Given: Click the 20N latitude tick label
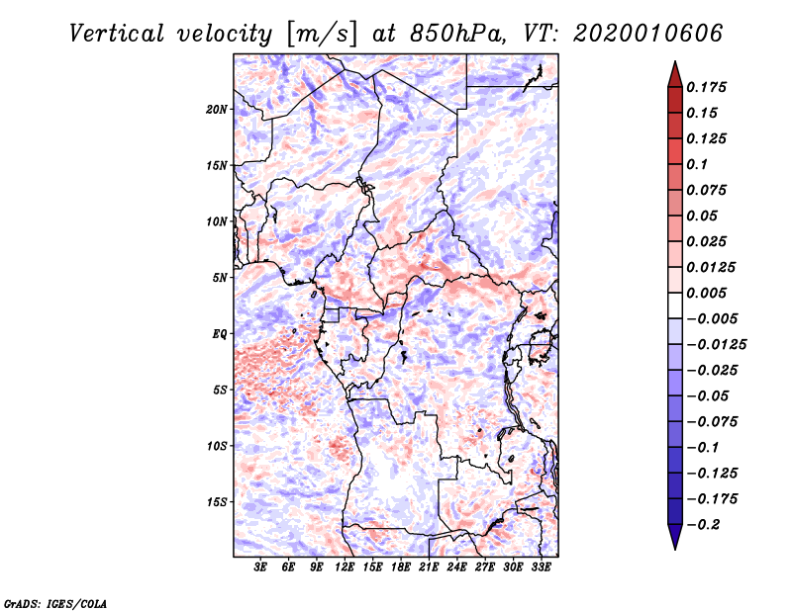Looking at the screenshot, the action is (217, 110).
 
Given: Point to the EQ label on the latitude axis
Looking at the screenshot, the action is (220, 334).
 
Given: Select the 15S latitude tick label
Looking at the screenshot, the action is (217, 502).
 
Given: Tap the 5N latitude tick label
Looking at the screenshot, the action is (220, 278).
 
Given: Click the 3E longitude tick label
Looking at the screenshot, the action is (260, 567).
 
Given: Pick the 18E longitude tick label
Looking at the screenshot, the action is (401, 567).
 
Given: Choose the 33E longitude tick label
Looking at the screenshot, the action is (541, 567).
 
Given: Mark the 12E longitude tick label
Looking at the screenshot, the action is (345, 567).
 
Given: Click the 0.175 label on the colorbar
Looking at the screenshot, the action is (706, 87).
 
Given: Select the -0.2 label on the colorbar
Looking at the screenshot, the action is (703, 525).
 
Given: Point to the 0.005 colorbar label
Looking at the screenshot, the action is (706, 293).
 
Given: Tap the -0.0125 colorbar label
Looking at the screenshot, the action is (716, 345).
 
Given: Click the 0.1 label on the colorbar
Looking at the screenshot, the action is (697, 164).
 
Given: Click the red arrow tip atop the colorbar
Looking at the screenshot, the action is (675, 62).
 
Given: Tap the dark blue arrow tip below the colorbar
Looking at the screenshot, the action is (675, 549).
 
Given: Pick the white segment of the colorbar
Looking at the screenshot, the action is (675, 305).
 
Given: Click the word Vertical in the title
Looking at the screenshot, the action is (117, 34).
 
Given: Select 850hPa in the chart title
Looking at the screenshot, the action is (456, 34).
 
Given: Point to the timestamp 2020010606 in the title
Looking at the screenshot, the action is (648, 34).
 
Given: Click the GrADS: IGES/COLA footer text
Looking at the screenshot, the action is (55, 604).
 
